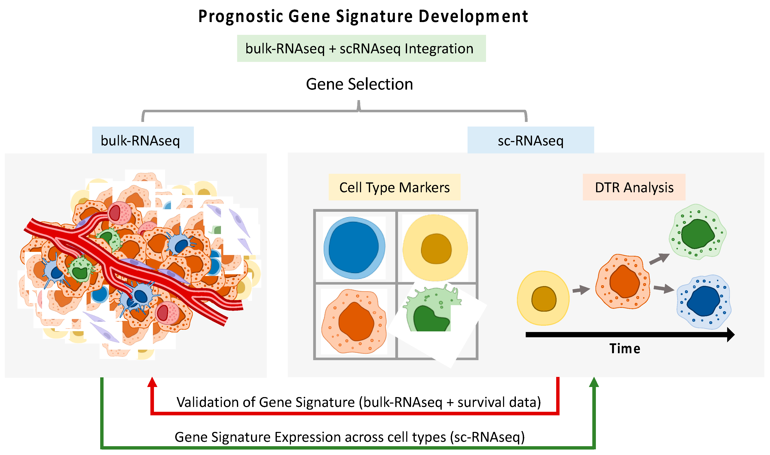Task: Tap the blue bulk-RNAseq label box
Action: [143, 140]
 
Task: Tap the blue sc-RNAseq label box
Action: [530, 140]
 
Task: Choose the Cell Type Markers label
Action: [394, 187]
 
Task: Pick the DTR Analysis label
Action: [634, 187]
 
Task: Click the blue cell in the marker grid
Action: [354, 248]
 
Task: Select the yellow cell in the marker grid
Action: [435, 248]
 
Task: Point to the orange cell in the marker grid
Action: [354, 321]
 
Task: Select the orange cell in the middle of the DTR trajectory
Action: [623, 281]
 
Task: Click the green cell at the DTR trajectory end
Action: [698, 232]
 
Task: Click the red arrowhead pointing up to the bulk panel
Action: [152, 383]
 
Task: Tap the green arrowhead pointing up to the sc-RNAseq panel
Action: [594, 383]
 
